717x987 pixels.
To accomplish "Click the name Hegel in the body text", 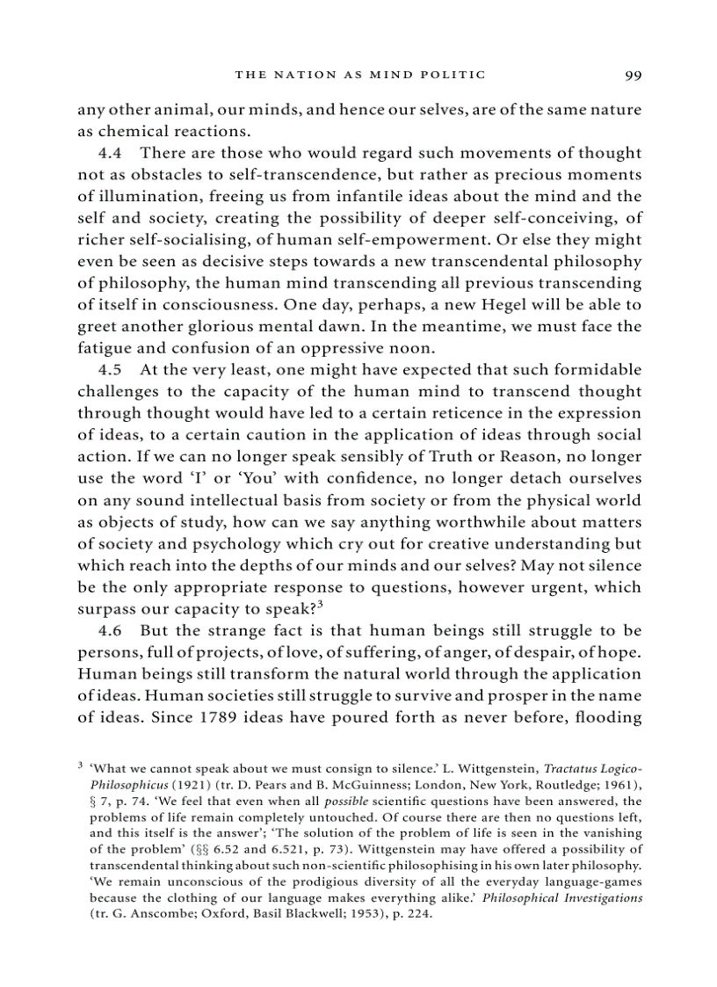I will pos(476,304).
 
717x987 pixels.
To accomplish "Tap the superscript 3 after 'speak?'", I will pos(322,603).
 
